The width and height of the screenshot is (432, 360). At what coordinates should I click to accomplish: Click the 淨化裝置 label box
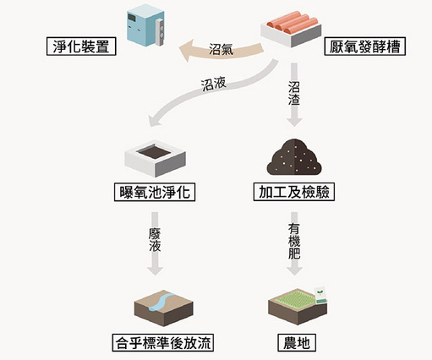pyautogui.click(x=81, y=46)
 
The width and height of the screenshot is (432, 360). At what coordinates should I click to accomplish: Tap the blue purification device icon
pyautogui.click(x=145, y=25)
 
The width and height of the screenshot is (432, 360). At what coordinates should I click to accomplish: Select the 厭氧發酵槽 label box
pyautogui.click(x=365, y=46)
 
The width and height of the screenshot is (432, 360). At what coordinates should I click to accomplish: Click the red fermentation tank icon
pyautogui.click(x=291, y=29)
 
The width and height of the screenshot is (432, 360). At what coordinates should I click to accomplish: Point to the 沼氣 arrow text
pyautogui.click(x=221, y=49)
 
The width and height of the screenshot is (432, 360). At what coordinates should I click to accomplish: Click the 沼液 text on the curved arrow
pyautogui.click(x=213, y=85)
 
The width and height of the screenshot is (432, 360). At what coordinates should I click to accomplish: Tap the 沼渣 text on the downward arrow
pyautogui.click(x=294, y=93)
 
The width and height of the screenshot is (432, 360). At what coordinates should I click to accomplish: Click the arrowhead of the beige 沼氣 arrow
pyautogui.click(x=186, y=51)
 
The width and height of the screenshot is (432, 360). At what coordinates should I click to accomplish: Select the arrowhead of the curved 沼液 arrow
pyautogui.click(x=155, y=121)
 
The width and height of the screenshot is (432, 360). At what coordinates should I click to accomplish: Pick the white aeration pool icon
pyautogui.click(x=155, y=160)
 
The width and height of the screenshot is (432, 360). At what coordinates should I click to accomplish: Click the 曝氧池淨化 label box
pyautogui.click(x=155, y=193)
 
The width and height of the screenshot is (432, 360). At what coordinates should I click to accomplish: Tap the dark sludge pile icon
pyautogui.click(x=294, y=156)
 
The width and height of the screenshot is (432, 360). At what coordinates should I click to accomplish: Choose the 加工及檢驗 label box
pyautogui.click(x=294, y=192)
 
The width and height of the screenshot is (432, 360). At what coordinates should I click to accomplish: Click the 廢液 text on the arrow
pyautogui.click(x=155, y=240)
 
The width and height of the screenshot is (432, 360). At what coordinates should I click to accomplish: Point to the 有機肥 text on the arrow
pyautogui.click(x=294, y=242)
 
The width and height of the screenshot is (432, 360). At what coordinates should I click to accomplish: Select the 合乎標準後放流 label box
pyautogui.click(x=163, y=343)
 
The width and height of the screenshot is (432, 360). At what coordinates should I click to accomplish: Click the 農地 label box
pyautogui.click(x=297, y=343)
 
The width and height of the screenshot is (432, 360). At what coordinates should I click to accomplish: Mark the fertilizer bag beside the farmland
pyautogui.click(x=320, y=295)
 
